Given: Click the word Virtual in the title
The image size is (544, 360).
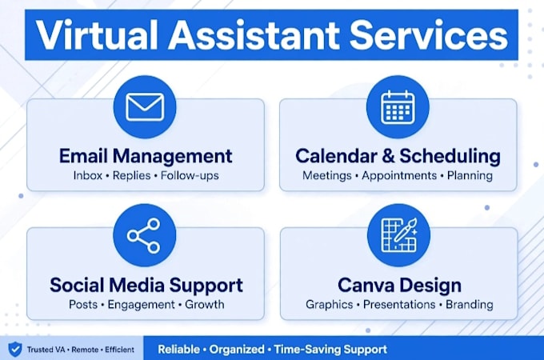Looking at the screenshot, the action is point(97,35).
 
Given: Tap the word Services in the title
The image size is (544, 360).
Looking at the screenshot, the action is point(429,35).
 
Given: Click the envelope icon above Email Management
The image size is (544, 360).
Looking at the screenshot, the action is point(145,107).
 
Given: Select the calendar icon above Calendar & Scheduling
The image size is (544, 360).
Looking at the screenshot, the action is point(398,107).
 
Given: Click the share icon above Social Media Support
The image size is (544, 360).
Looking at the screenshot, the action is point(144,235).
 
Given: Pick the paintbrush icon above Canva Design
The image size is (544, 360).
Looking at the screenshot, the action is point(399,234).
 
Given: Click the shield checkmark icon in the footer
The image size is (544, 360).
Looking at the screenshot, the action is point(15,349).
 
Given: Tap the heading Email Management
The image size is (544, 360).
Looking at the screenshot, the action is point(146,156).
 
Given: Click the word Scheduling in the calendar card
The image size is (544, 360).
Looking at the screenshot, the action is point(450,157).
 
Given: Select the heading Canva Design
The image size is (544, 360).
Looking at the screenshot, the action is point(399,285).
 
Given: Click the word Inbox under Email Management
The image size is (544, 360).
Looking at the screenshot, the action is point(88,175).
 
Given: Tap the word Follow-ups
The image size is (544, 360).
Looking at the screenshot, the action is point(190,176).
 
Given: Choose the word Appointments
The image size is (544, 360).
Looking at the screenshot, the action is point(399,176).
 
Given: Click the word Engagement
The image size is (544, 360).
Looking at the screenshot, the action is point(142,305).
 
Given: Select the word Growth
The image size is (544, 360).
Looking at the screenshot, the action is point(204,305).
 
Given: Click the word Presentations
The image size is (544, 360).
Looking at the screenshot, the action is point(399,305).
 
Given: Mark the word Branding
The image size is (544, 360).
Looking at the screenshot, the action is point(470,305).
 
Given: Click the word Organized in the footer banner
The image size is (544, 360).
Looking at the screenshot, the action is point(237,350).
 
